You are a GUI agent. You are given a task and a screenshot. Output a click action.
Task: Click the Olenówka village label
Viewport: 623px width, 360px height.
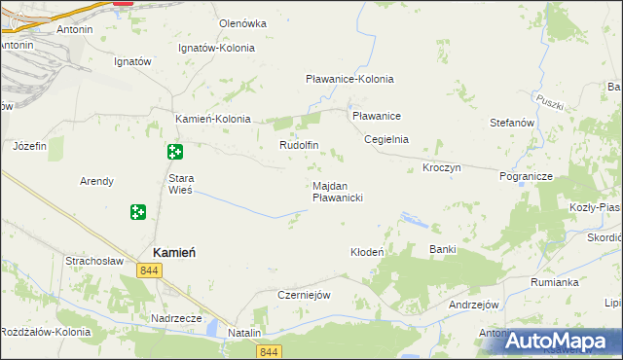tap(242, 23)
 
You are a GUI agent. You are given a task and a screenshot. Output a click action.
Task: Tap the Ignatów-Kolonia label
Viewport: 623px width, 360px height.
tap(217, 48)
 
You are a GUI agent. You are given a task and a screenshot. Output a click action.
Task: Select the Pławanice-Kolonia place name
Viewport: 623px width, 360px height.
tap(349, 79)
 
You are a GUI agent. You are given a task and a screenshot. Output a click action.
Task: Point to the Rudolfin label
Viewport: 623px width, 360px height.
tap(299, 146)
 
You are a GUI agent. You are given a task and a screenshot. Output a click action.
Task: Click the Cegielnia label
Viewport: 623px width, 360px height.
tap(385, 139)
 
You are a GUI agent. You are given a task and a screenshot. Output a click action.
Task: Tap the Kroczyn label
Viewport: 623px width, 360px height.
tap(441, 167)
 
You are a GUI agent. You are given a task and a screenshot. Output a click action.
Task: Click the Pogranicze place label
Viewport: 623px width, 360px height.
tap(526, 176)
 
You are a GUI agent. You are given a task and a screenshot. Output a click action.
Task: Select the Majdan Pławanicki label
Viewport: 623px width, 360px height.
tap(338, 191)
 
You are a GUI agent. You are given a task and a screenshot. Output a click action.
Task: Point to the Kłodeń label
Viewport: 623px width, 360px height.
tap(368, 252)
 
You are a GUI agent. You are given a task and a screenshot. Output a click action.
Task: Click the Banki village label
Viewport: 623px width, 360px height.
tap(443, 249)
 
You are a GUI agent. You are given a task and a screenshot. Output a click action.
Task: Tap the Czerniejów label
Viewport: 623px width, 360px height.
tap(306, 295)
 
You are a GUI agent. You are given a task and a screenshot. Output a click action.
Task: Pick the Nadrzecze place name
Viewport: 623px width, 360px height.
tap(176, 318)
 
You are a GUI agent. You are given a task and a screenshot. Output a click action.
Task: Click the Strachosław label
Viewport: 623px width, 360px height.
tap(92, 261)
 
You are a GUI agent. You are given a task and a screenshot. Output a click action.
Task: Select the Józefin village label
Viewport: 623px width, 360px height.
tap(30, 146)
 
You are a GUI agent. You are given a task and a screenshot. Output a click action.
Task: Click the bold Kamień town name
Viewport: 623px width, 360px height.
tap(175, 250)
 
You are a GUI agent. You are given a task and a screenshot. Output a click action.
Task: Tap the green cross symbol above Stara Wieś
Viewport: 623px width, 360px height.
tap(174, 152)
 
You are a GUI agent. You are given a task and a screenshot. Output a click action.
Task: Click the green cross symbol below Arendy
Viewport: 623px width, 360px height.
tap(138, 211)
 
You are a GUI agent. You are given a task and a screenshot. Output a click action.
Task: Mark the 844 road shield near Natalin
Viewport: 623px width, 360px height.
tap(272, 351)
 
